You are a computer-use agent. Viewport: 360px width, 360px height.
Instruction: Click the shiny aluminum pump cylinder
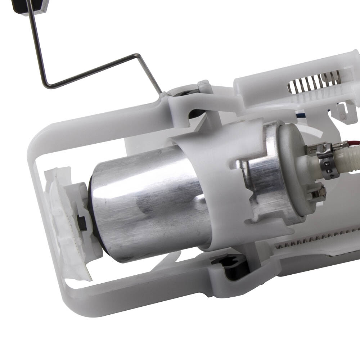[144, 202]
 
